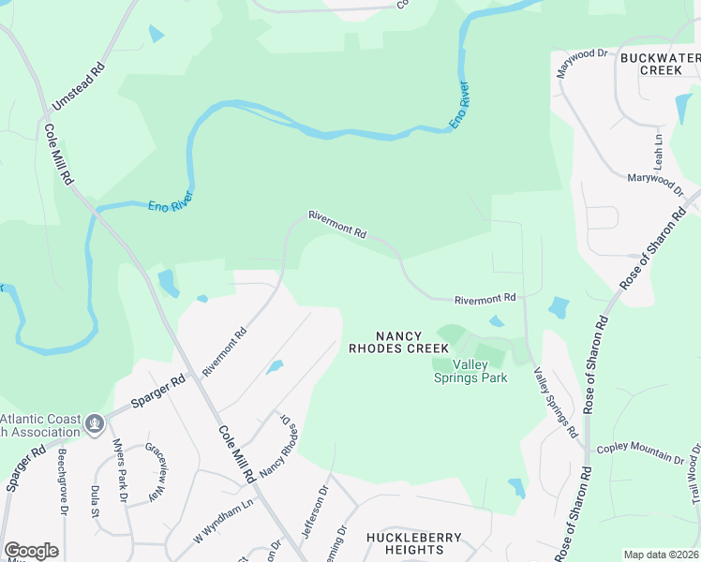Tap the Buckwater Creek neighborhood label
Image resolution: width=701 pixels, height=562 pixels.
coord(661,64)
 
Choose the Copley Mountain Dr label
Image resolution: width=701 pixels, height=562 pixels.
coord(640,453)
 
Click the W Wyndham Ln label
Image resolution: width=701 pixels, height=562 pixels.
coord(224,521)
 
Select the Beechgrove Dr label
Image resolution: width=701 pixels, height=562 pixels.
coord(63,478)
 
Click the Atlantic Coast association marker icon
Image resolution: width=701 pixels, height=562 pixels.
coord(93,424)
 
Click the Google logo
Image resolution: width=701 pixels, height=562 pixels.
coord(31,551)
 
